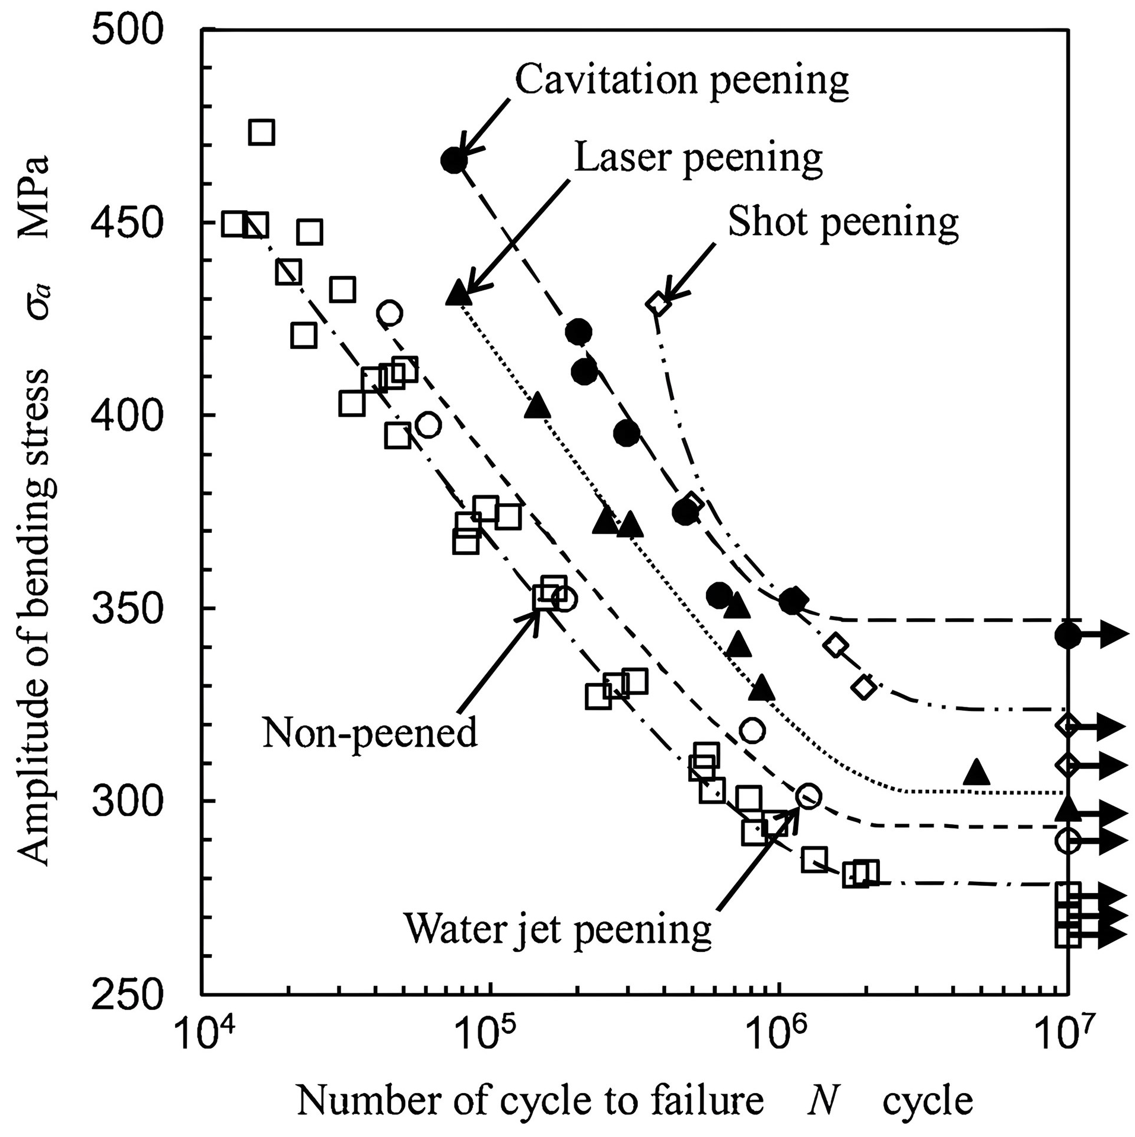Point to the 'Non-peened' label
[370, 732]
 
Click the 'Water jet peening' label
[557, 928]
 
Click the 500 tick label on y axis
[127, 30]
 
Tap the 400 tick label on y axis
[127, 415]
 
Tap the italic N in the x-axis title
[822, 1101]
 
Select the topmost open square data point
[261, 132]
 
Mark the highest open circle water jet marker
[389, 312]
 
